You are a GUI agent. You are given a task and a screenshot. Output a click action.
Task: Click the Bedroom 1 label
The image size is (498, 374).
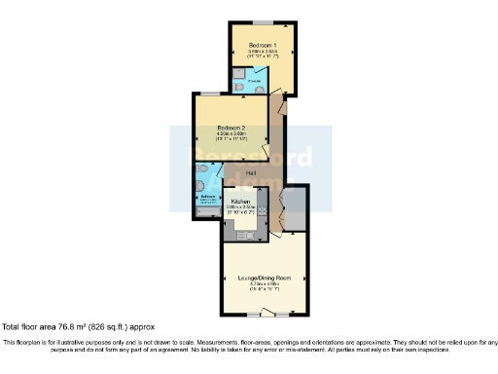(x=261, y=46)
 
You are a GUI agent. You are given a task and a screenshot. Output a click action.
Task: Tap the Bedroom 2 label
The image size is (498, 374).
(x=231, y=128)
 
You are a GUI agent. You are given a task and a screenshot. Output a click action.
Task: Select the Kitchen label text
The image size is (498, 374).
(x=241, y=202)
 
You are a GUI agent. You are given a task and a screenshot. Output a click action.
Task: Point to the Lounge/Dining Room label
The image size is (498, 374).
(x=265, y=278)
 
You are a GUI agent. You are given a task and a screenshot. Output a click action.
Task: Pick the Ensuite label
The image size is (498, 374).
(x=253, y=81)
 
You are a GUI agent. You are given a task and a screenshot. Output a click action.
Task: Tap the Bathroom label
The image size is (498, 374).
(x=207, y=196)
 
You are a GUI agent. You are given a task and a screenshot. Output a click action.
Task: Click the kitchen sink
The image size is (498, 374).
(x=248, y=235)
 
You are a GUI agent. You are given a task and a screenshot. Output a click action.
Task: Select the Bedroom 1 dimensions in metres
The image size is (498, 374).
(x=261, y=53)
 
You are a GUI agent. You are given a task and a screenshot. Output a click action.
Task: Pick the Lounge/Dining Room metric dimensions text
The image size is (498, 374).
(x=265, y=283)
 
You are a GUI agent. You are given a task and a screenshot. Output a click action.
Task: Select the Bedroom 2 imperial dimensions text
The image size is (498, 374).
(x=231, y=139)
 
